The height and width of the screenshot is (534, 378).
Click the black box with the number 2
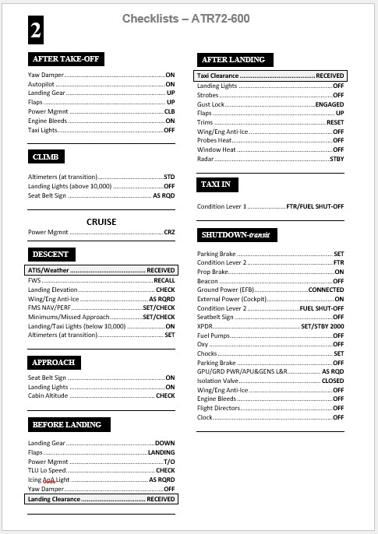click(37, 29)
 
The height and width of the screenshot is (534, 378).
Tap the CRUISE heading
click(101, 221)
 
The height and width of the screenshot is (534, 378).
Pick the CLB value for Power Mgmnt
click(169, 111)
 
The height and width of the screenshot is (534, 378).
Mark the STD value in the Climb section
click(169, 177)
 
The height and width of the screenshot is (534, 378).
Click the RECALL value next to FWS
click(164, 279)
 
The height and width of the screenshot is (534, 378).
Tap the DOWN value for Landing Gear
click(165, 442)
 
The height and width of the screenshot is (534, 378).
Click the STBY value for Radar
click(337, 159)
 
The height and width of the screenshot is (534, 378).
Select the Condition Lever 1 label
click(222, 207)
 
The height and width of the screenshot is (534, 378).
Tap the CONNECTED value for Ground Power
click(326, 290)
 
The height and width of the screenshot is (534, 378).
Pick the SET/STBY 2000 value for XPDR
click(323, 326)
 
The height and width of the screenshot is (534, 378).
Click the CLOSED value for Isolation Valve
click(333, 381)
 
